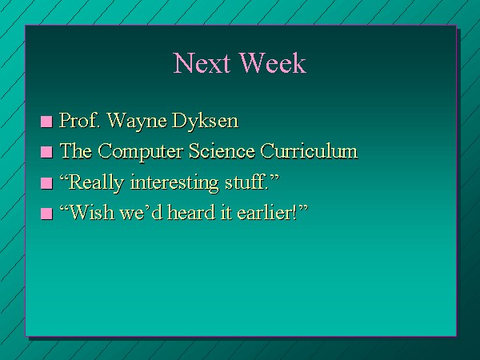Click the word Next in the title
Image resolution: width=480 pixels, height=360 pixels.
pyautogui.click(x=202, y=62)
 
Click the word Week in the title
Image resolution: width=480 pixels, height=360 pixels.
pyautogui.click(x=273, y=62)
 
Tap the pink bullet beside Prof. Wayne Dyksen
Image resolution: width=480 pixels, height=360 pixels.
pyautogui.click(x=46, y=122)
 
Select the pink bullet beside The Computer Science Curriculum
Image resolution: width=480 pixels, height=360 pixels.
pyautogui.click(x=46, y=152)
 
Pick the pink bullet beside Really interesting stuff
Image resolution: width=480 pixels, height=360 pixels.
pyautogui.click(x=46, y=183)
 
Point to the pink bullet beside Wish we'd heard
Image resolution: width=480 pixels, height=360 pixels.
pyautogui.click(x=46, y=214)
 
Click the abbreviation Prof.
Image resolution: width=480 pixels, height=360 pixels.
pyautogui.click(x=80, y=120)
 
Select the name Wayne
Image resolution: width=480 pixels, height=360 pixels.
pyautogui.click(x=137, y=122)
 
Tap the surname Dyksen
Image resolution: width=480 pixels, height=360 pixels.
pyautogui.click(x=205, y=122)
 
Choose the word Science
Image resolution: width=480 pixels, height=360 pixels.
pyautogui.click(x=222, y=151)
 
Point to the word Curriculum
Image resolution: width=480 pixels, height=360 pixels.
pyautogui.click(x=309, y=151)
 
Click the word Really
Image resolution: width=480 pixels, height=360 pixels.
pyautogui.click(x=96, y=183)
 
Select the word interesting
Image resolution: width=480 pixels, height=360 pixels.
pyautogui.click(x=174, y=183)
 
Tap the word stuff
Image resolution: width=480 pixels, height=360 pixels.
pyautogui.click(x=246, y=182)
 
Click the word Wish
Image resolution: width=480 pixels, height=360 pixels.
pyautogui.click(x=90, y=212)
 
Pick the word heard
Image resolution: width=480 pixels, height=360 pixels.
pyautogui.click(x=192, y=212)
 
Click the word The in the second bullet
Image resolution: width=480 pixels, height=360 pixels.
pyautogui.click(x=76, y=151)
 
